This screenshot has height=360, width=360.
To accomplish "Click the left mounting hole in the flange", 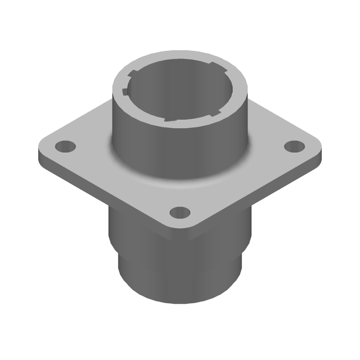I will [x=66, y=146].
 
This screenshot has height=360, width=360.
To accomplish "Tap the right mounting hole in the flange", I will [x=295, y=146].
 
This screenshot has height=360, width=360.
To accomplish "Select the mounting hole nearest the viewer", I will [x=180, y=212].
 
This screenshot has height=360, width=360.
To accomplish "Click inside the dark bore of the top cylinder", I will [x=180, y=97].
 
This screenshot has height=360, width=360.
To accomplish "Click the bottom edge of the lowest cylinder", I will [x=180, y=303].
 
